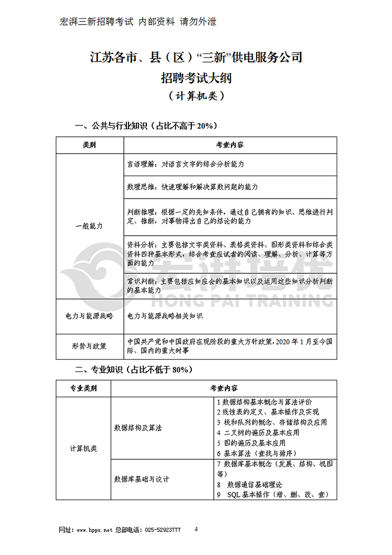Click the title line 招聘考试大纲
click(196, 78)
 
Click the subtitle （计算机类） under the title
click(196, 96)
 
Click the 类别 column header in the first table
click(89, 145)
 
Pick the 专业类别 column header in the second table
click(83, 388)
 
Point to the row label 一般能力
click(89, 226)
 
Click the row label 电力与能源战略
click(89, 316)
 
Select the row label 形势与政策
click(89, 345)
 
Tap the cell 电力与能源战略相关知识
click(165, 316)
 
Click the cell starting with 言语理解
click(186, 164)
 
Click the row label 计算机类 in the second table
click(83, 448)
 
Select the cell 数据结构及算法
click(138, 427)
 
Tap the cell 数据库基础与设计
click(142, 479)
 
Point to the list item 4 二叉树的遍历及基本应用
click(258, 432)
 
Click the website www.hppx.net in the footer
click(95, 530)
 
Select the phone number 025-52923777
click(163, 530)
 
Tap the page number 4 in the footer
click(196, 529)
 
